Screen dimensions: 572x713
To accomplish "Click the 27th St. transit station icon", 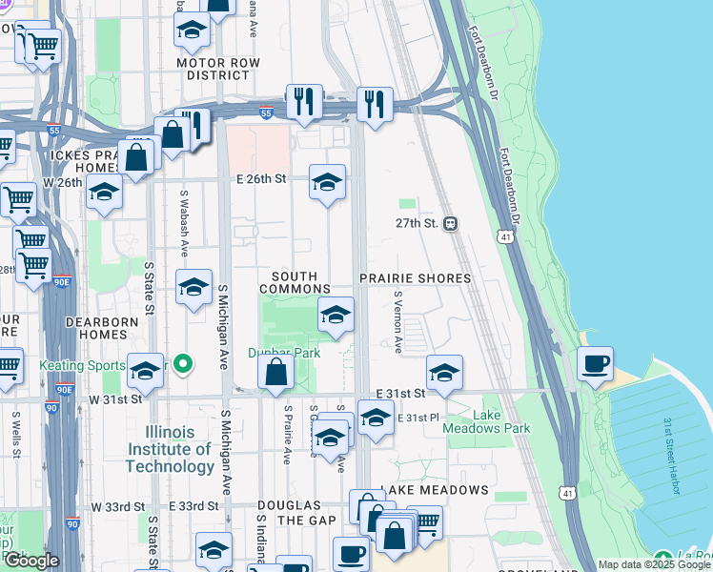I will [451, 223].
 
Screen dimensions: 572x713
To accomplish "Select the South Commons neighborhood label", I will [295, 282].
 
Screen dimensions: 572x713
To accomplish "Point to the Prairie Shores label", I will [416, 278].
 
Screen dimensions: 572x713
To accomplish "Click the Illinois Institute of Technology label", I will [170, 449].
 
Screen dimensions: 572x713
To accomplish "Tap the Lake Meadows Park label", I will [487, 421].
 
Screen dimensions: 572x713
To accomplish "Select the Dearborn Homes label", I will [102, 329].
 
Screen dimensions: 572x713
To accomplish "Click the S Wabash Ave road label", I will [184, 224].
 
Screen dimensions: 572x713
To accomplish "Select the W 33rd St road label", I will [118, 506].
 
